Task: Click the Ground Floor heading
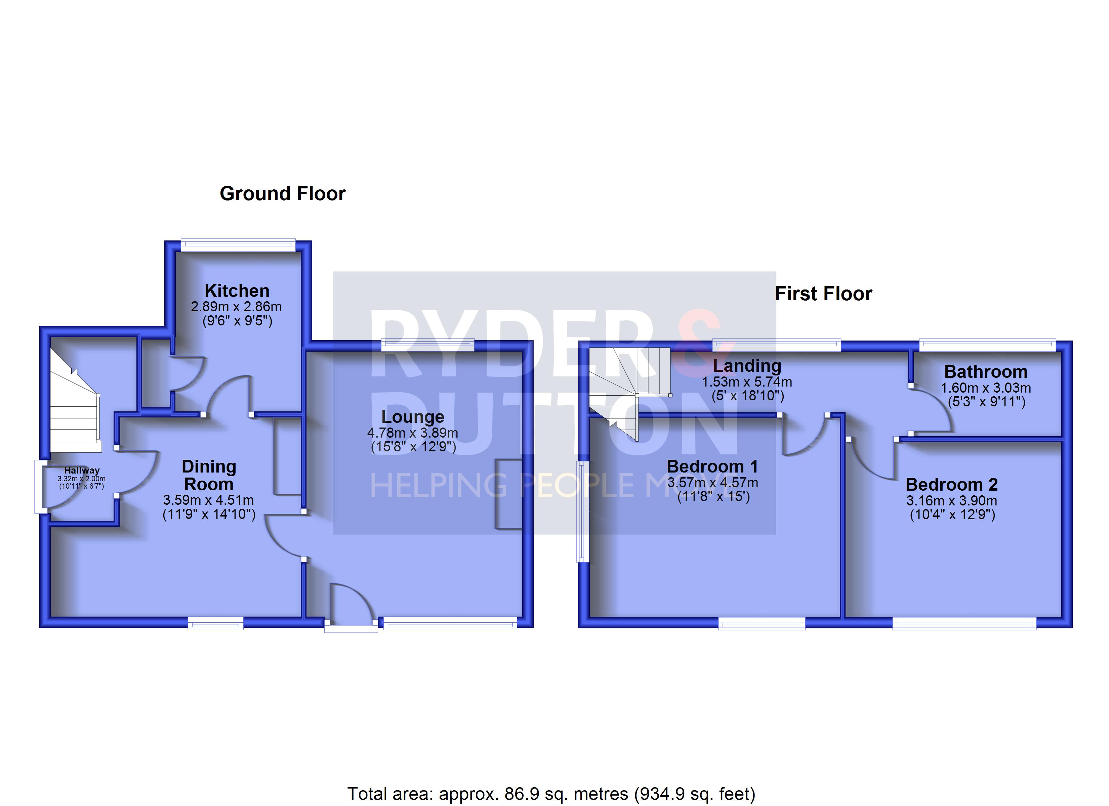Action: [283, 193]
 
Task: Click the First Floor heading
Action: [823, 294]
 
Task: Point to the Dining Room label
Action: [209, 475]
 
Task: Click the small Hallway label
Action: [82, 470]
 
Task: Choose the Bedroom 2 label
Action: [951, 484]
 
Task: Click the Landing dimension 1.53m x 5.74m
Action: [747, 382]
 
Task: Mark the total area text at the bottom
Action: [551, 794]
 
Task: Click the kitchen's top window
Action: [238, 245]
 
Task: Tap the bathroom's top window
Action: [987, 346]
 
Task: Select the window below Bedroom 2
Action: [964, 623]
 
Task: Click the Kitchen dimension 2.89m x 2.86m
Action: [236, 307]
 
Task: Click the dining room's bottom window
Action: [216, 623]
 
